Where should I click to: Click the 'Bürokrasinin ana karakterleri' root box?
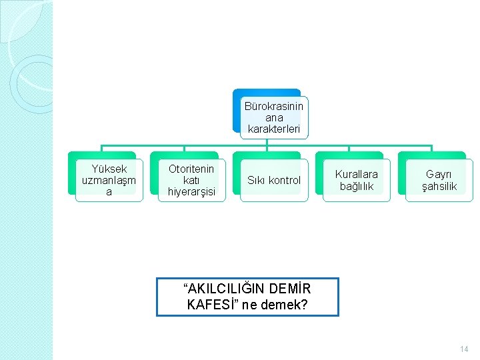[x=273, y=117]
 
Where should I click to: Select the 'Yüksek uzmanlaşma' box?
[x=109, y=180]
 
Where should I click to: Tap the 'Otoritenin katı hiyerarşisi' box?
[x=191, y=180]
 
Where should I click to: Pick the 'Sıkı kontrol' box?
[x=274, y=180]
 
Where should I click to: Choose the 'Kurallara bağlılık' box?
[x=357, y=180]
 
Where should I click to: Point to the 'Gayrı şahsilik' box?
[x=439, y=180]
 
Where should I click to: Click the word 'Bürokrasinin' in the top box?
[x=273, y=106]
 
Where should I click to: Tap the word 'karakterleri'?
[x=273, y=128]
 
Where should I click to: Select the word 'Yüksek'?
[x=109, y=169]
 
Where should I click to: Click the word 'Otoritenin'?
[x=191, y=169]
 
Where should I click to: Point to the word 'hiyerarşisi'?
[x=191, y=192]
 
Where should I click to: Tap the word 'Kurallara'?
[x=357, y=174]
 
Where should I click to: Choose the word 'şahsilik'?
[x=439, y=186]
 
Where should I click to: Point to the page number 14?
[x=465, y=349]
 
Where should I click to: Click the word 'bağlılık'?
[x=357, y=186]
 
